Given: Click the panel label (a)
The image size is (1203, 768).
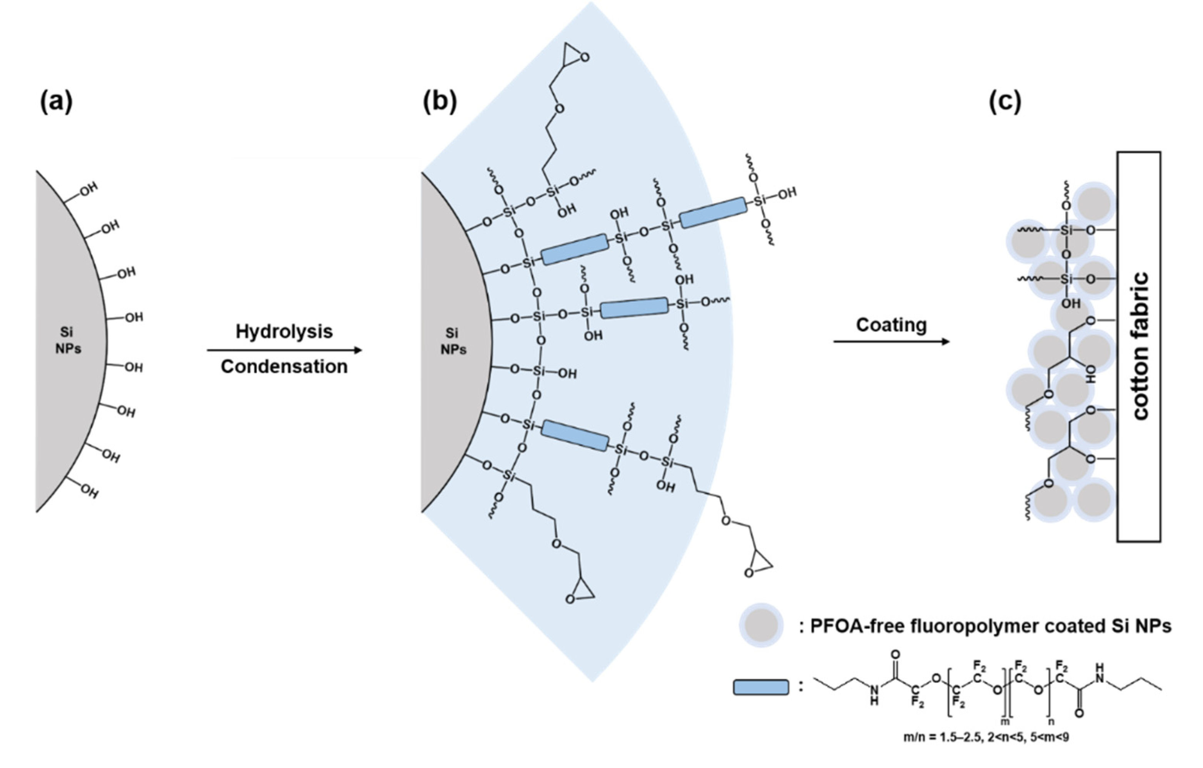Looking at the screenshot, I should click(56, 102).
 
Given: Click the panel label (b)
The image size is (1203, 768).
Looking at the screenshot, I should click(439, 102).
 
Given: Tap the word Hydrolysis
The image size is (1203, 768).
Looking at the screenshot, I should click(284, 331).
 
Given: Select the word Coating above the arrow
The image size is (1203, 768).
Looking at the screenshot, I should click(891, 325).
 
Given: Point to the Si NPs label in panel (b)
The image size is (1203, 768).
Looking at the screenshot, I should click(453, 341).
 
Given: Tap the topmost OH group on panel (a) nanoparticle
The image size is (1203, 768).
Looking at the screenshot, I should click(88, 190).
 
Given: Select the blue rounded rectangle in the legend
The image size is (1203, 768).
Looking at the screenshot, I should click(760, 687).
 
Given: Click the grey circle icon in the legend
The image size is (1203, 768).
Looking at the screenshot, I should click(761, 625).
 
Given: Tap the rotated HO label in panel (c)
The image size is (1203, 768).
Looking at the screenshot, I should click(1091, 374).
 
